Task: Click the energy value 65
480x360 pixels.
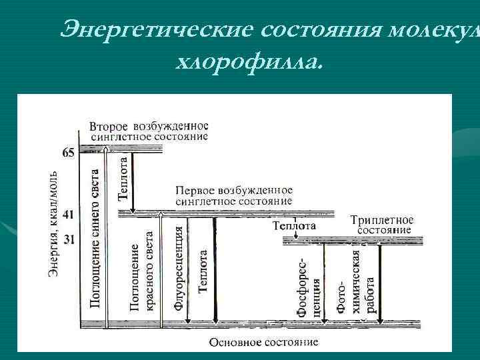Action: coord(68,153)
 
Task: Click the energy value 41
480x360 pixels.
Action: coord(68,215)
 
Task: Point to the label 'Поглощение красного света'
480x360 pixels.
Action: coord(142,270)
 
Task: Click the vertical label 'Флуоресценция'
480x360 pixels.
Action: coord(178,267)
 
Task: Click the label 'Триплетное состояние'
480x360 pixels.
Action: coord(382,225)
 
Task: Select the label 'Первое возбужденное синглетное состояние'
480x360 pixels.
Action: coord(234,195)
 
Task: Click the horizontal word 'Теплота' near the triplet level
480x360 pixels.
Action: coord(294,227)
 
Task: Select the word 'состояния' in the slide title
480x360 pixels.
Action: coord(319,29)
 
